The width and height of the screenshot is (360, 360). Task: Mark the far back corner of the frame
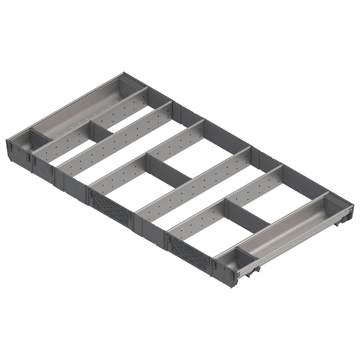pyautogui.click(x=124, y=73)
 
